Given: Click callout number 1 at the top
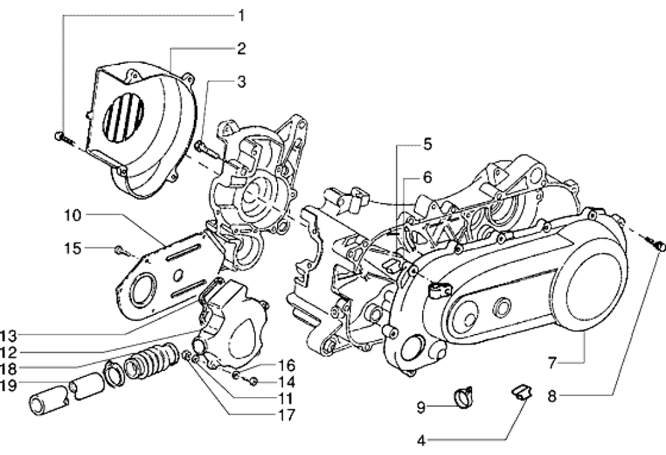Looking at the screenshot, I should (x=241, y=15).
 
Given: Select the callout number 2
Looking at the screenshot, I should (x=241, y=48).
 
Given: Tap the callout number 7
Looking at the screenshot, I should (x=551, y=364).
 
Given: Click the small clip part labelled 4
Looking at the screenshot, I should (x=519, y=392).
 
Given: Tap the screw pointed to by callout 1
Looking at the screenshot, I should (x=60, y=137).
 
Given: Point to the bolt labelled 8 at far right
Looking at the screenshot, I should (x=659, y=246).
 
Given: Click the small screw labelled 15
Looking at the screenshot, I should (x=119, y=250).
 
